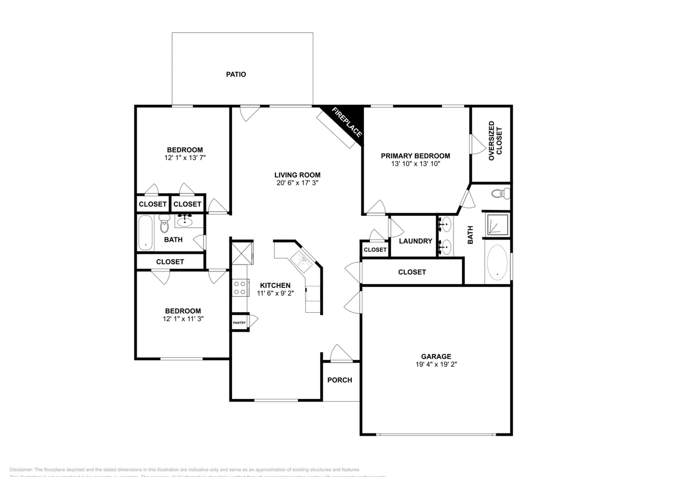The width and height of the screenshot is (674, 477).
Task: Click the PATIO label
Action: click(x=236, y=75)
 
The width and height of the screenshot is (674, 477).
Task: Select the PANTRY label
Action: click(x=239, y=323)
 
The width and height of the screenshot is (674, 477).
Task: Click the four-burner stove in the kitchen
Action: click(x=240, y=288)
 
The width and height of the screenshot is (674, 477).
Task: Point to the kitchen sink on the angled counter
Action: click(x=300, y=261)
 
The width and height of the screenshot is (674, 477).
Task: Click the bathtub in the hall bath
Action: click(x=145, y=232)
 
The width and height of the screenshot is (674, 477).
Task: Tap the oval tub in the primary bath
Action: click(x=497, y=262)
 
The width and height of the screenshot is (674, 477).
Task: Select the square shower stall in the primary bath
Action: click(x=498, y=224)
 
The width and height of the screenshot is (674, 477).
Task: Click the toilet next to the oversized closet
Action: click(x=500, y=193)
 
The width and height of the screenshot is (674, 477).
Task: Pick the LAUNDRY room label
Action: click(x=415, y=241)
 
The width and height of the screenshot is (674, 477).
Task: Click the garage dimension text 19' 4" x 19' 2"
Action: click(x=436, y=365)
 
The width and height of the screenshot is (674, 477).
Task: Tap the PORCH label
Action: click(x=340, y=380)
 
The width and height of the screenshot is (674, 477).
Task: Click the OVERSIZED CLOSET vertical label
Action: click(x=495, y=140)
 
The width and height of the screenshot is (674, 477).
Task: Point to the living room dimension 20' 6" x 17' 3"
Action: click(x=297, y=183)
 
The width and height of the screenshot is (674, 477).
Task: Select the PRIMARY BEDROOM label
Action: click(x=415, y=156)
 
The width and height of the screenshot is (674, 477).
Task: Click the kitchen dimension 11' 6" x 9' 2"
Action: click(x=274, y=293)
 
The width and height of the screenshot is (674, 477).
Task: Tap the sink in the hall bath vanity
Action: click(x=184, y=221)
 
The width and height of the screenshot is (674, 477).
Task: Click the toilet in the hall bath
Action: click(x=164, y=225)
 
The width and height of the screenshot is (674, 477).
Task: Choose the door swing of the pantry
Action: click(x=253, y=321)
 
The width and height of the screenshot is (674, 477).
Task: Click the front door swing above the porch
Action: click(x=341, y=353)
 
